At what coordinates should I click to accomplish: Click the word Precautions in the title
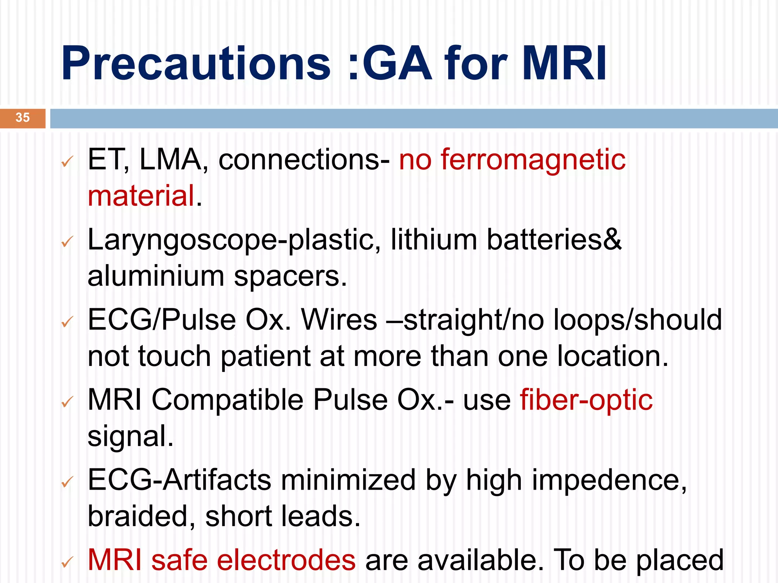tap(196, 64)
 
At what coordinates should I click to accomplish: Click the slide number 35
tap(22, 118)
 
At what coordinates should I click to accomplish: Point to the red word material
tap(141, 196)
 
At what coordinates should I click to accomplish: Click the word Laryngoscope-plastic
tap(234, 240)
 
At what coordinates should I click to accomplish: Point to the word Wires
tap(339, 320)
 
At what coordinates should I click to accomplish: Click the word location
tap(612, 356)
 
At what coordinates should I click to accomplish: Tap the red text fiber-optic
tap(586, 400)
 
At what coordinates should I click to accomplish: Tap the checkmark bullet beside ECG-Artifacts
tap(67, 482)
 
